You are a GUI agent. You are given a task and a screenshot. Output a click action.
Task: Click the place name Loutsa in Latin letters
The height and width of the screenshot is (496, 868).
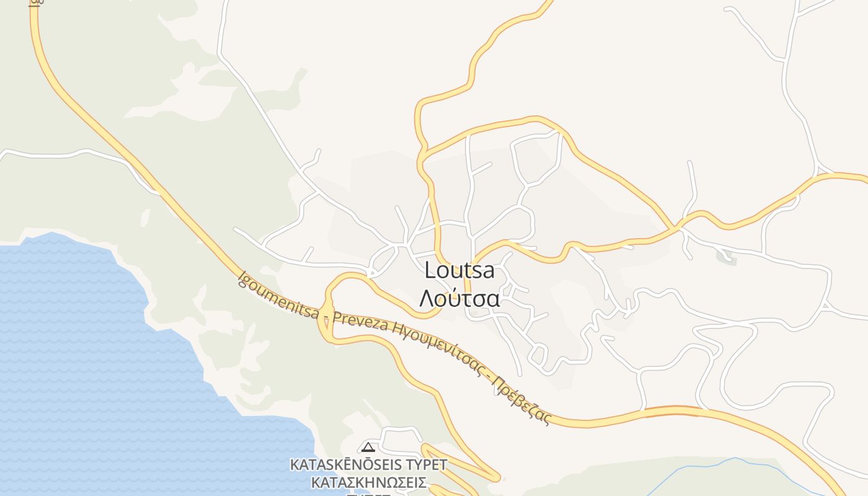click(459, 270)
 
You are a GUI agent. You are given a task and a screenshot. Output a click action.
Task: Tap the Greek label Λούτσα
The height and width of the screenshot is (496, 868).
click(459, 298)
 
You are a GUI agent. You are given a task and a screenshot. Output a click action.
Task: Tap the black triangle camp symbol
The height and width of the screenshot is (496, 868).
click(368, 446)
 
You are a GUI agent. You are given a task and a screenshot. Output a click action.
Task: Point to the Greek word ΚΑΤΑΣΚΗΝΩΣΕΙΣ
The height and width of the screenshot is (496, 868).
click(368, 483)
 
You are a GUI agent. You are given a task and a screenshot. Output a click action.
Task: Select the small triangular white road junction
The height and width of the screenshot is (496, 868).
click(825, 306)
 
